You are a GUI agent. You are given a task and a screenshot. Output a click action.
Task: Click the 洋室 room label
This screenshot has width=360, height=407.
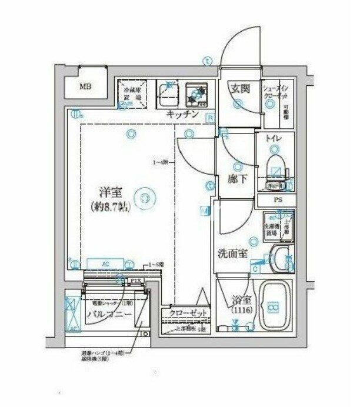[110, 191]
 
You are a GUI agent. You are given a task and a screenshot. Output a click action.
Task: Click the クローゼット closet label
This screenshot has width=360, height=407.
[188, 313]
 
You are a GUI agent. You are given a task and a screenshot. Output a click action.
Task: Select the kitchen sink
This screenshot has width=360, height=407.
[168, 93]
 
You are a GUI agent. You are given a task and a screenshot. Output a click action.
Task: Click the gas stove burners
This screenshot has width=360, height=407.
[198, 92]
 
